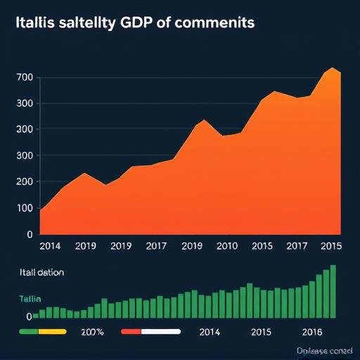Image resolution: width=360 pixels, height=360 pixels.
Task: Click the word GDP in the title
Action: [139, 22]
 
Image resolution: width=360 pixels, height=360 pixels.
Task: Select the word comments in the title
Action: [214, 22]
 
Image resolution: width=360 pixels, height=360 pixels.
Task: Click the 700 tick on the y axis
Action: [25, 77]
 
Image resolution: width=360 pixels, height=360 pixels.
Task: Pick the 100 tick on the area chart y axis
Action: [25, 208]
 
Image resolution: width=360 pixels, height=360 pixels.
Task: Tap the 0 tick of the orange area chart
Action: [29, 234]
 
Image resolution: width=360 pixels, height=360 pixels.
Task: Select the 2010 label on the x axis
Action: [226, 247]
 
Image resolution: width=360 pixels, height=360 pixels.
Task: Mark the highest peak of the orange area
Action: [331, 68]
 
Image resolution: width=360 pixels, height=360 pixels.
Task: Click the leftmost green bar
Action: [35, 316]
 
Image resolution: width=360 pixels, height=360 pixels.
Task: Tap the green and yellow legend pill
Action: [43, 330]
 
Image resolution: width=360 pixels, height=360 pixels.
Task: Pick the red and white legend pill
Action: [151, 330]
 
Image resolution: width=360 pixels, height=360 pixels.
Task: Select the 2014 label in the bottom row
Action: [210, 331]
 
